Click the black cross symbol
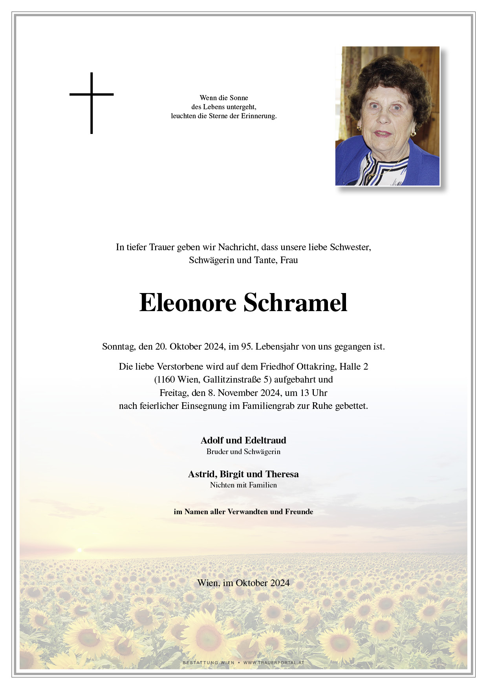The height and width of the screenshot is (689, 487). [92, 103]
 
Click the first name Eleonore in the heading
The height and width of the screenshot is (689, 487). [188, 303]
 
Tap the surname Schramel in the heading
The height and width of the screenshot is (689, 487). [295, 303]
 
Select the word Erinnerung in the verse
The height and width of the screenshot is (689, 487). [258, 116]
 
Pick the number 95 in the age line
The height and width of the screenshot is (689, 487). [246, 346]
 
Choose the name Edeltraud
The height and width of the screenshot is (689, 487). [265, 440]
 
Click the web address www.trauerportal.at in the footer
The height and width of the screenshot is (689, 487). [274, 663]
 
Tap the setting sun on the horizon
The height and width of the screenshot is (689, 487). [79, 550]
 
